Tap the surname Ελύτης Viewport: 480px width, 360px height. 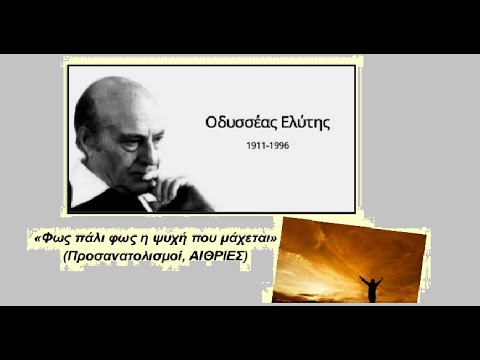click(x=301, y=123)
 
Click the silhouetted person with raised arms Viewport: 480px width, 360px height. click(x=370, y=288)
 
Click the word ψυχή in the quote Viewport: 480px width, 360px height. click(x=174, y=241)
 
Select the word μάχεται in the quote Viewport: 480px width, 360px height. click(x=246, y=241)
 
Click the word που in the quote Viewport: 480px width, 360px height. click(x=206, y=241)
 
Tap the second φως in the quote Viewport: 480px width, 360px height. click(x=117, y=241)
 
